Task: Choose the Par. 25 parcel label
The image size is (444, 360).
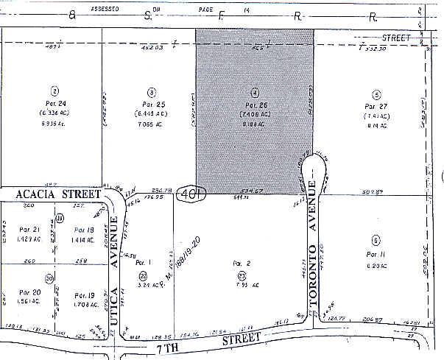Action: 150,104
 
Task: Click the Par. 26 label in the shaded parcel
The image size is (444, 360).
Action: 254,105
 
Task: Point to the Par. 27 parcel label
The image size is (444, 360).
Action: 376,106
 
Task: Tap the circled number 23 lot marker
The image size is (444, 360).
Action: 242,275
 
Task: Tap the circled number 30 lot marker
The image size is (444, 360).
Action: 49,278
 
